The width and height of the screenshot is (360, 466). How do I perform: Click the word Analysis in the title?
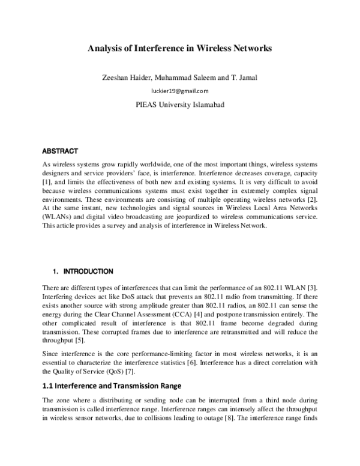(x=106, y=47)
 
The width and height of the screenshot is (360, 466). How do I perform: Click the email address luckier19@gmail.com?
(x=180, y=91)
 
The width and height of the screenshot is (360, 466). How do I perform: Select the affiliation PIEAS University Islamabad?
(x=180, y=104)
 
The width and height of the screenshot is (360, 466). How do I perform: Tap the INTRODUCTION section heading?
(x=88, y=271)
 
